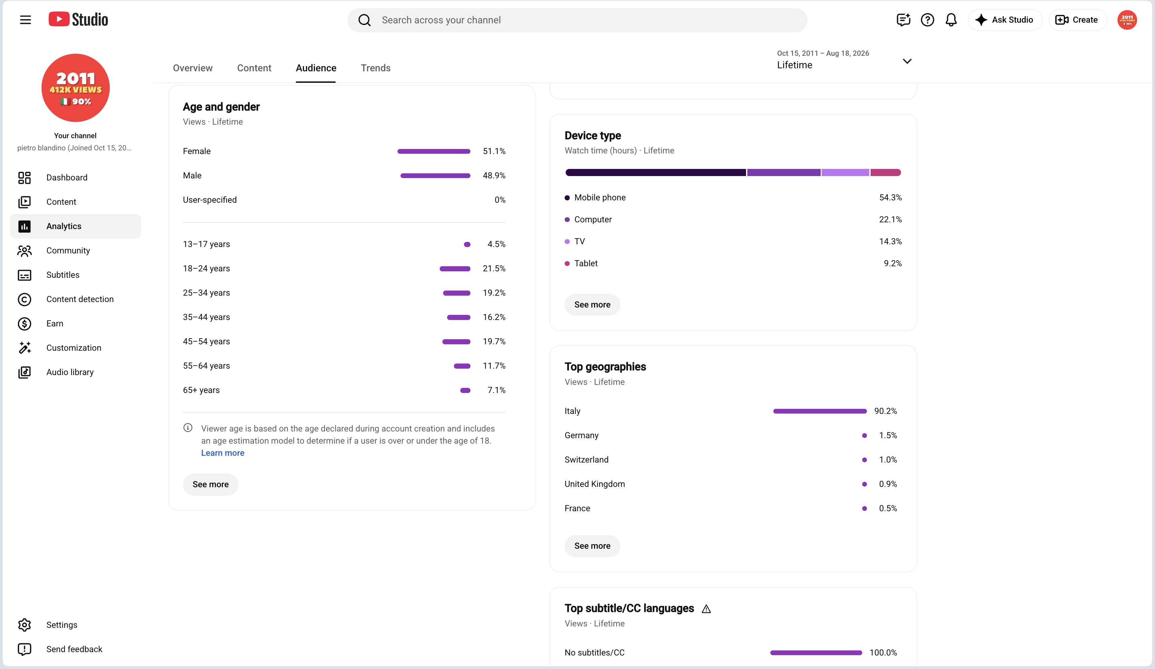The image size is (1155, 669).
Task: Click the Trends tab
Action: pyautogui.click(x=376, y=68)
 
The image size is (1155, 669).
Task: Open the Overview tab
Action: pyautogui.click(x=192, y=68)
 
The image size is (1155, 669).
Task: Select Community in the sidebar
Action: pyautogui.click(x=68, y=250)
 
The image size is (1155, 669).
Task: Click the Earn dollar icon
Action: pyautogui.click(x=24, y=324)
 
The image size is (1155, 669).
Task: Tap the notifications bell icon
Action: pyautogui.click(x=951, y=20)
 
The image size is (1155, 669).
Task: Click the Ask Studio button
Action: pyautogui.click(x=1005, y=20)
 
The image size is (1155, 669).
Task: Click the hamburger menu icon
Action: pyautogui.click(x=25, y=20)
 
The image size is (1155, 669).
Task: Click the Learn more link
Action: pyautogui.click(x=223, y=453)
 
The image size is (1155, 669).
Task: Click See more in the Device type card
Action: pyautogui.click(x=592, y=304)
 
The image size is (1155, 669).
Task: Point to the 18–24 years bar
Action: pyautogui.click(x=455, y=269)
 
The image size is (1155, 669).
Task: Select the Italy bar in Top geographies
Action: pyautogui.click(x=820, y=411)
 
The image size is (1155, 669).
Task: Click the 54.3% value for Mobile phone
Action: pyautogui.click(x=890, y=198)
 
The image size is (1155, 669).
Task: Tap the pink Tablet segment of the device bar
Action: pyautogui.click(x=885, y=172)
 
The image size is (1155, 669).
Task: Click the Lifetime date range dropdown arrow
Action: pyautogui.click(x=907, y=61)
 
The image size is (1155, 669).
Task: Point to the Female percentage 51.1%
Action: pyautogui.click(x=494, y=151)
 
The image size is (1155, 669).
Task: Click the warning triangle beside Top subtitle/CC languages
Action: pyautogui.click(x=706, y=609)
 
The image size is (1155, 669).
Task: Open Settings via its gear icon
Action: pyautogui.click(x=24, y=625)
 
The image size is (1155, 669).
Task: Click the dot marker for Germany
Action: pyautogui.click(x=865, y=436)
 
